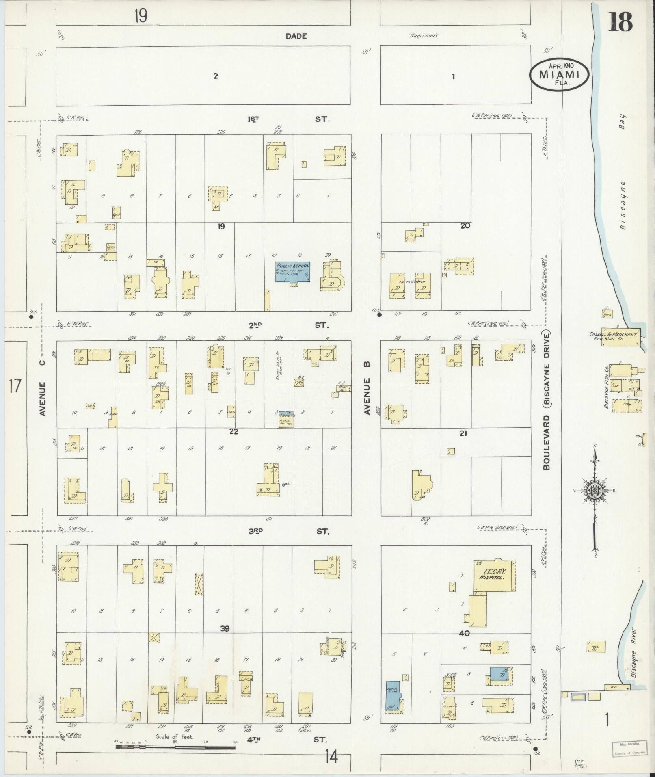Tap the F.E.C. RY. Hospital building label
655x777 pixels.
coord(495,574)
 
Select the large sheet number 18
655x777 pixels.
coord(620,22)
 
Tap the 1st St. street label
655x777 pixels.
coord(288,119)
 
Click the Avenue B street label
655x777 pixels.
coord(367,396)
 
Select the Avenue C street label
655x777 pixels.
coord(43,398)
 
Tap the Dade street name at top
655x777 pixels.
coord(296,36)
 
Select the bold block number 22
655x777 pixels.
coord(233,431)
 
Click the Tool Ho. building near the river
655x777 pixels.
coord(596,646)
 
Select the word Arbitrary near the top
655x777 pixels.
coord(424,36)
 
